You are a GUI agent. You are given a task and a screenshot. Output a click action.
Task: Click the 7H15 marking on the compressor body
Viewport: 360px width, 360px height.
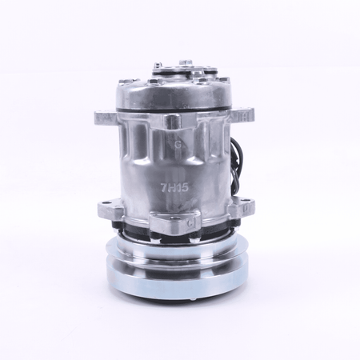point(174,187)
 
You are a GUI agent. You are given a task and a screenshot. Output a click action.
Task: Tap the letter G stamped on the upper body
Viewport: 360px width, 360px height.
point(178,145)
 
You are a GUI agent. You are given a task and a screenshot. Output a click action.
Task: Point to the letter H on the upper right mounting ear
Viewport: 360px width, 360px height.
point(243,116)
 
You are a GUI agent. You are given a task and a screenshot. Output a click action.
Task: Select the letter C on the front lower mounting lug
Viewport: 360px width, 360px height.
point(190,223)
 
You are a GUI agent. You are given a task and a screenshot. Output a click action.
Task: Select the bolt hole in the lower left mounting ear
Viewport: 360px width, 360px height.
point(107,203)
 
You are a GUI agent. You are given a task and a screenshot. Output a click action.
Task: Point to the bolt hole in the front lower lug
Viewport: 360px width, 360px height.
point(174,219)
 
